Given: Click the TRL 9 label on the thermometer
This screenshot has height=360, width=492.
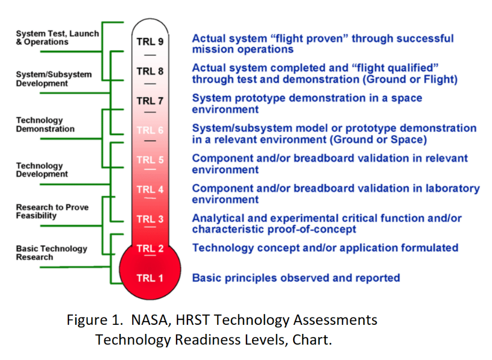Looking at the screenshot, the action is (x=150, y=42).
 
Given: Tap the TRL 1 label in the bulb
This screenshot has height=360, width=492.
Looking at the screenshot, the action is (x=150, y=278).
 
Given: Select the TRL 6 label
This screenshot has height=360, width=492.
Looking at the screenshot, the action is (x=150, y=130).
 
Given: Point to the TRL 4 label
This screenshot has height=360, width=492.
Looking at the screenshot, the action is (x=150, y=190).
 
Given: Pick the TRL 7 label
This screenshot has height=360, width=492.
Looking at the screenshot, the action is (x=150, y=101).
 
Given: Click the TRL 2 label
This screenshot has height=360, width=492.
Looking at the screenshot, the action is (x=150, y=248).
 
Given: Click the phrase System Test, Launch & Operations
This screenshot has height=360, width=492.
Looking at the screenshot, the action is (x=58, y=38).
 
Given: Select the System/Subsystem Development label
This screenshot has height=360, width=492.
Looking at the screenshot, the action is (x=54, y=79).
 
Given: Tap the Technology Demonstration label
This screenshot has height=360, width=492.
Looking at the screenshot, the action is (x=45, y=125).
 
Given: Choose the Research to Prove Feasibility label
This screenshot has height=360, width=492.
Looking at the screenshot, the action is (x=52, y=211).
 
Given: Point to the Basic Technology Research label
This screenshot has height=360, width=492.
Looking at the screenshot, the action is (x=52, y=253).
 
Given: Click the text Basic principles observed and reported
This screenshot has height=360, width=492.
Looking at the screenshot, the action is (x=296, y=278).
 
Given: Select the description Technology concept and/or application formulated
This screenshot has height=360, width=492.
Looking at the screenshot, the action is (x=325, y=248).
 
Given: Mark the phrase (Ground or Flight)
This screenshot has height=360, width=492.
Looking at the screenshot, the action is (x=410, y=79).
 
